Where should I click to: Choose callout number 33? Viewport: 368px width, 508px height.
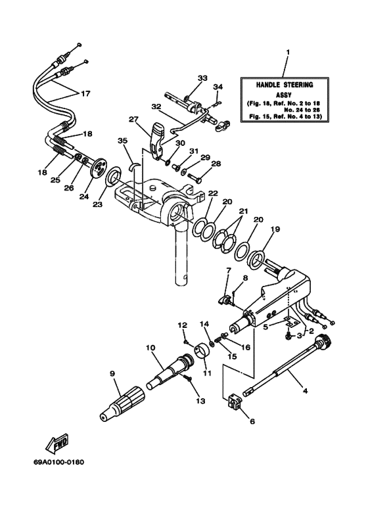(x=200, y=78)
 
